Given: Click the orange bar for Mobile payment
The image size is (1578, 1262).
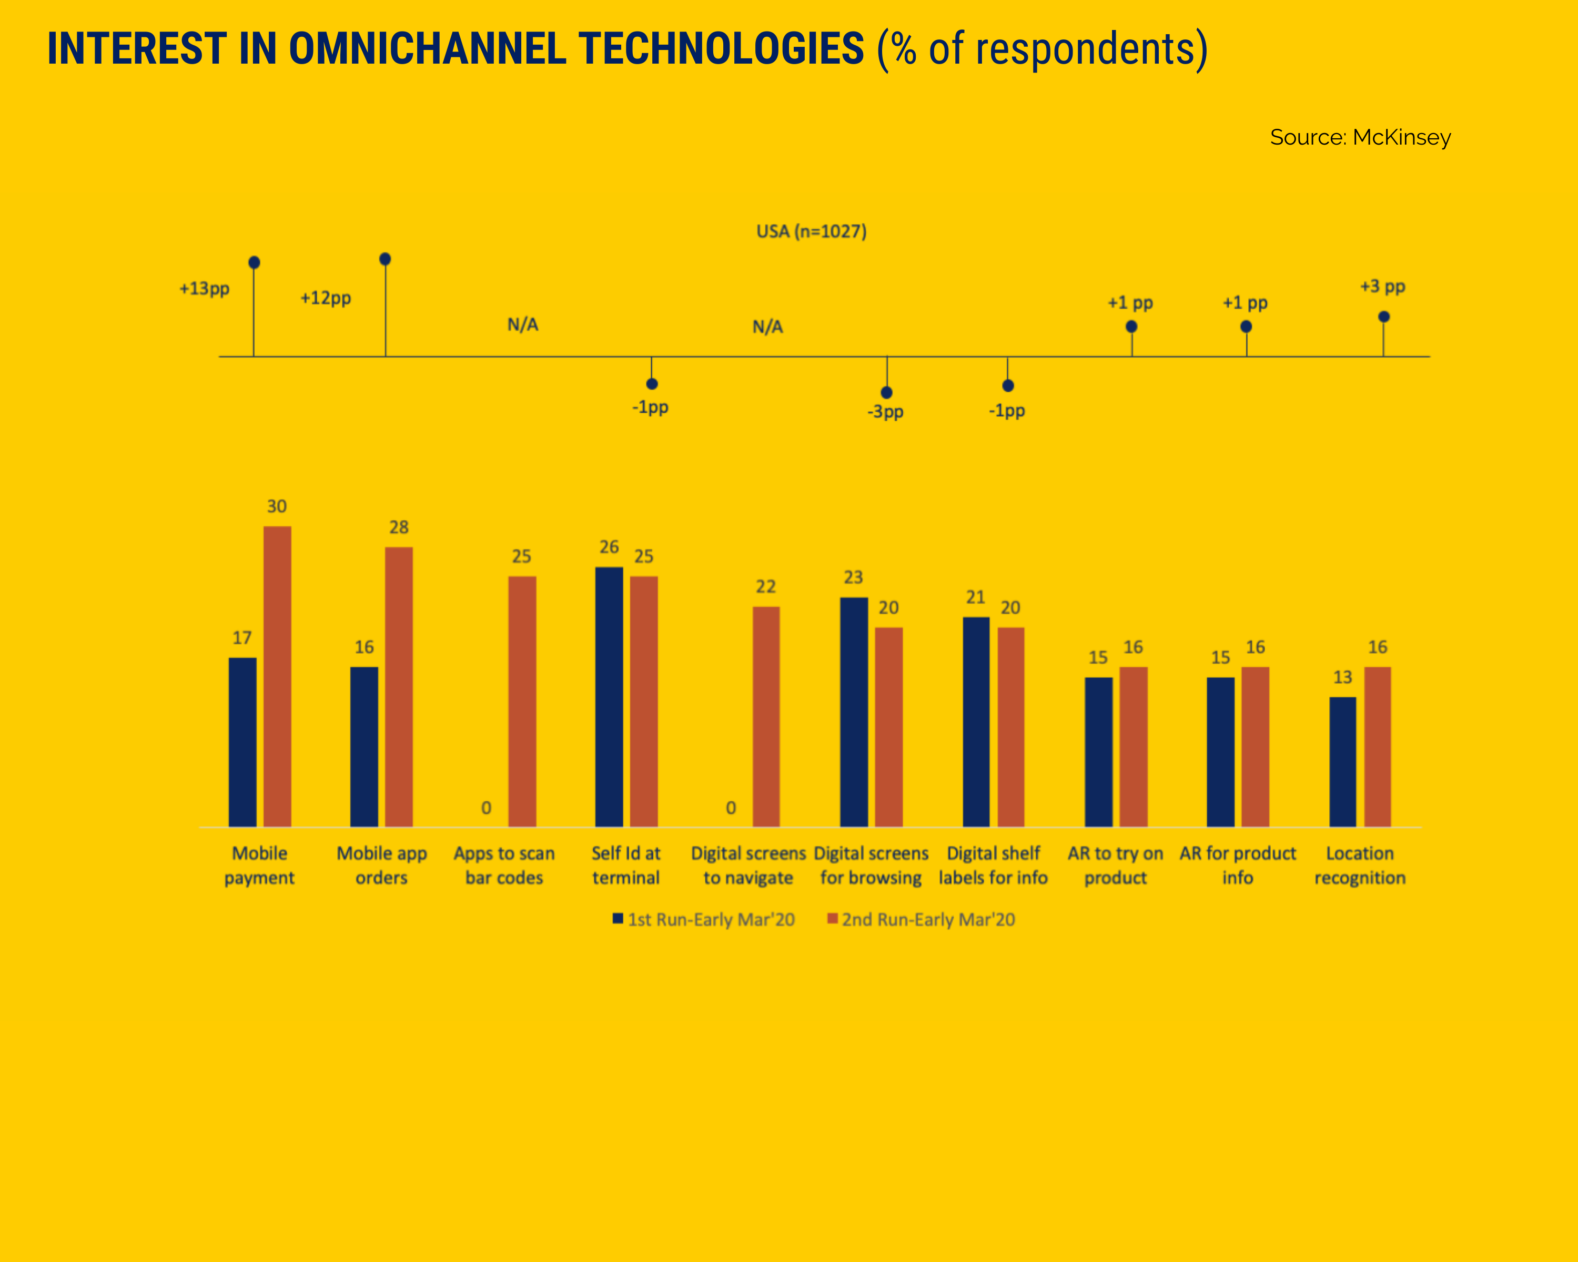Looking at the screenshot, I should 277,676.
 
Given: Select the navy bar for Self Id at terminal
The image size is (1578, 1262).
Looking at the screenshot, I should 609,697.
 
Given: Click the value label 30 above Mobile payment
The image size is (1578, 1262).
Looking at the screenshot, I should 277,506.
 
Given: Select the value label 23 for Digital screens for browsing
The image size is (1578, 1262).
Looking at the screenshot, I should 853,577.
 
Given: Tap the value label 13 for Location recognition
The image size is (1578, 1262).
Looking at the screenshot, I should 1342,677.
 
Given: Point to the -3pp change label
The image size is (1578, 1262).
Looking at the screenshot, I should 886,412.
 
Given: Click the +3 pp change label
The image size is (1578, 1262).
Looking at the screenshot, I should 1382,286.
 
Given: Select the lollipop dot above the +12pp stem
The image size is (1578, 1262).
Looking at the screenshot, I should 385,259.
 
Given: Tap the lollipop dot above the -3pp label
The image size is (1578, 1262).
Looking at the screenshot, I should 886,392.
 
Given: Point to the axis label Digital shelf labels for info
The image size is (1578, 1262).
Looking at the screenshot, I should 993,866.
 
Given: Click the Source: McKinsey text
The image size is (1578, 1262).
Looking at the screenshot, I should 1360,138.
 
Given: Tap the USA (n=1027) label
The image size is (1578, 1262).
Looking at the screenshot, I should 811,231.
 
